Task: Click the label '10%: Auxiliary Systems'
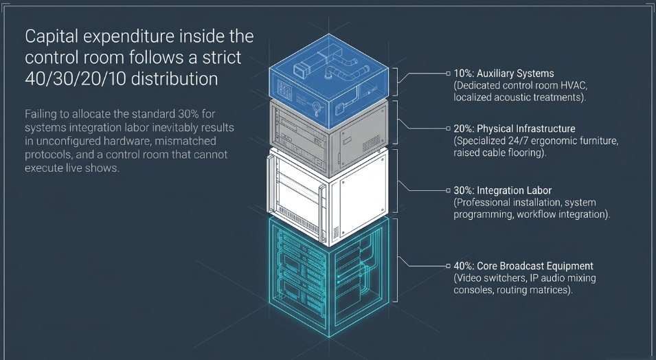504,74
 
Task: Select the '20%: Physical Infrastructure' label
514,128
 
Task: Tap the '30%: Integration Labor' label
502,190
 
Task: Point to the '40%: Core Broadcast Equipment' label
523,266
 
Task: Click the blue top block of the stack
329,80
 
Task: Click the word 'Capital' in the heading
52,37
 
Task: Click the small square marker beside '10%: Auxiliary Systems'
448,74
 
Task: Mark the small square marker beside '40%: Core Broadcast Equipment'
448,266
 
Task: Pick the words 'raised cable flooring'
498,153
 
